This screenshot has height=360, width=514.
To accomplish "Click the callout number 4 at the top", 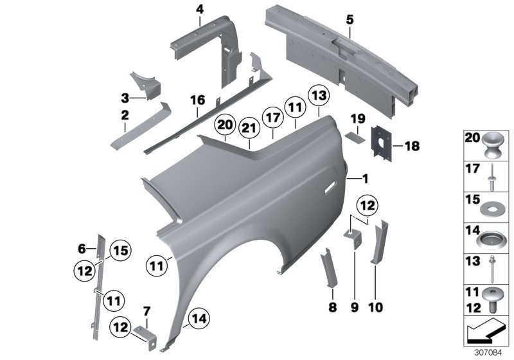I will (x=199, y=9).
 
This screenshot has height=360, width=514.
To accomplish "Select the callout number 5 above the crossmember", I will (x=350, y=20).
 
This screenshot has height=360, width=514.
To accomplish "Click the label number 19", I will (x=358, y=118).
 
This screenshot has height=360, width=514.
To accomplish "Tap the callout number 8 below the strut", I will (x=332, y=307).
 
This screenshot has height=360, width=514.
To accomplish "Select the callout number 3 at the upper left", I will (x=125, y=98).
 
